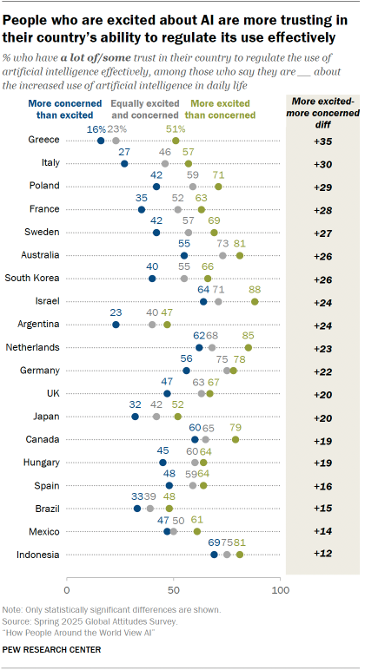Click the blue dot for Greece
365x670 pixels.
101,140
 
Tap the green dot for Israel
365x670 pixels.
255,301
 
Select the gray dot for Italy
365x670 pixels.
165,163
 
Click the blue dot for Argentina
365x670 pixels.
116,325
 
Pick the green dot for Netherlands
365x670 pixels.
249,347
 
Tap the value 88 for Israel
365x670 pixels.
255,289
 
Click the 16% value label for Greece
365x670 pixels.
98,128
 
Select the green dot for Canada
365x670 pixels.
236,439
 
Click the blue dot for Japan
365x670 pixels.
135,417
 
